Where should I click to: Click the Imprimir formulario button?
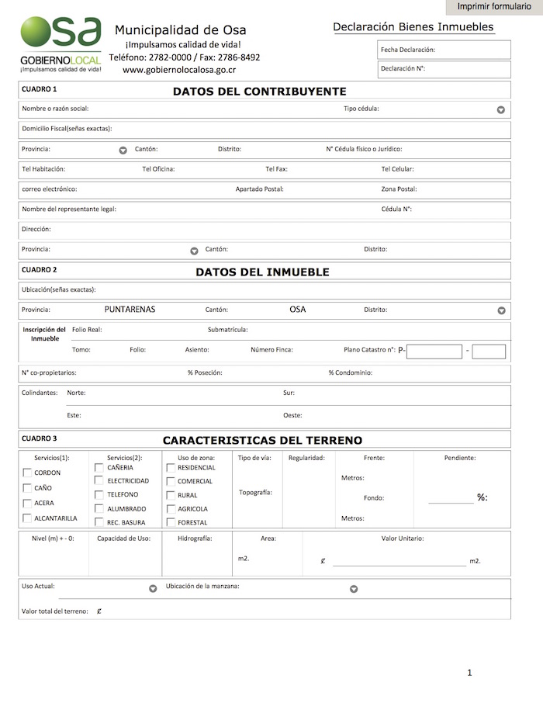pyautogui.click(x=494, y=7)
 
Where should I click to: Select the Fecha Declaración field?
pyautogui.click(x=444, y=50)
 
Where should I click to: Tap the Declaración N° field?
pyautogui.click(x=444, y=69)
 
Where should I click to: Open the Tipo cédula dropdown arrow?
pyautogui.click(x=501, y=110)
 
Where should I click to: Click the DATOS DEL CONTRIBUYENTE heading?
pyautogui.click(x=259, y=91)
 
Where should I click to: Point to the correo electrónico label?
pyautogui.click(x=50, y=189)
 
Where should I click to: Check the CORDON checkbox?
pyautogui.click(x=28, y=473)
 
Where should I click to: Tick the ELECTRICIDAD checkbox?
pyautogui.click(x=99, y=481)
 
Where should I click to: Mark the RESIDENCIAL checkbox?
pyautogui.click(x=171, y=468)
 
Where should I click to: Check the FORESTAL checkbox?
pyautogui.click(x=171, y=522)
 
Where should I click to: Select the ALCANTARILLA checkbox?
pyautogui.click(x=28, y=518)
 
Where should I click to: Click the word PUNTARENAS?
pyautogui.click(x=130, y=309)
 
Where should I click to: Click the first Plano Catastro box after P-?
pyautogui.click(x=434, y=351)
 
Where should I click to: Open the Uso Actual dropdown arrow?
pyautogui.click(x=153, y=589)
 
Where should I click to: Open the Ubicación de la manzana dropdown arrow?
pyautogui.click(x=354, y=589)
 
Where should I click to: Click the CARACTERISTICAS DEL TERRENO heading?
pyautogui.click(x=262, y=440)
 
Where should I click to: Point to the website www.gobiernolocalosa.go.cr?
pyautogui.click(x=179, y=70)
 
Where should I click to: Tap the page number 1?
pyautogui.click(x=469, y=673)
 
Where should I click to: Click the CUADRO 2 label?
pyautogui.click(x=39, y=270)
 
